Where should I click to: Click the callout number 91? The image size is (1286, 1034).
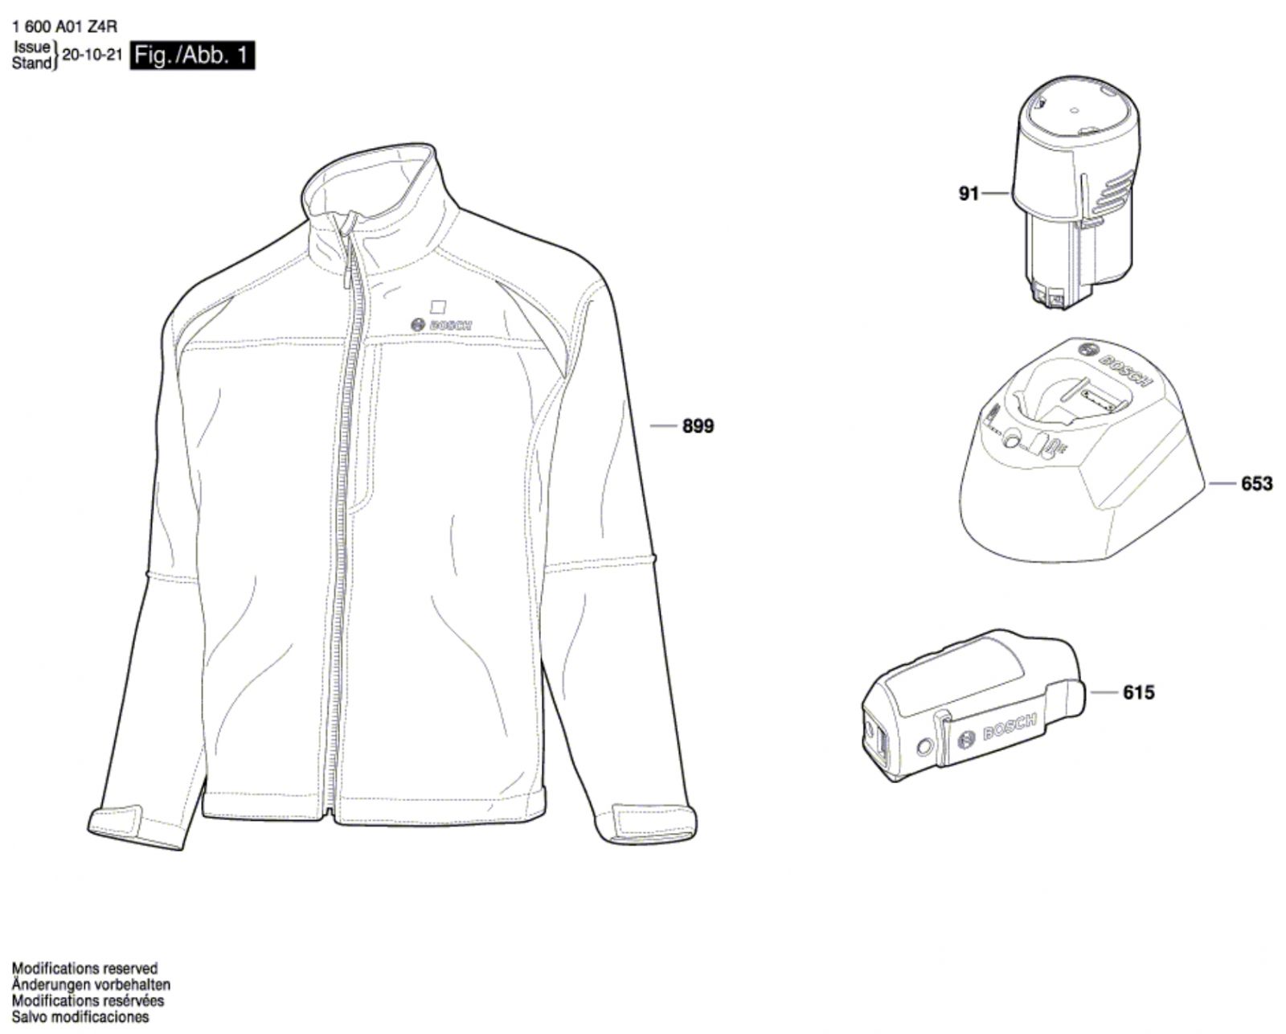pyautogui.click(x=969, y=193)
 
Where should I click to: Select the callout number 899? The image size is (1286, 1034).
pyautogui.click(x=697, y=426)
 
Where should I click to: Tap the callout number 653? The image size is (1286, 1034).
pyautogui.click(x=1256, y=483)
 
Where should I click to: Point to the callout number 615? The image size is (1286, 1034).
pyautogui.click(x=1137, y=691)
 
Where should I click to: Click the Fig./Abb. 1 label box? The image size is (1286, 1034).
pyautogui.click(x=192, y=55)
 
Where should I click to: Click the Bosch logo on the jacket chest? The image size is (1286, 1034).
pyautogui.click(x=441, y=323)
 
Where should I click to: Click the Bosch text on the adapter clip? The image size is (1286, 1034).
pyautogui.click(x=1010, y=728)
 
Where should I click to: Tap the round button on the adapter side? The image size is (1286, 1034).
pyautogui.click(x=925, y=747)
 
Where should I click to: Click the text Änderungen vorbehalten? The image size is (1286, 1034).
pyautogui.click(x=91, y=984)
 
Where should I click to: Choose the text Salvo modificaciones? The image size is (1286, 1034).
pyautogui.click(x=80, y=1016)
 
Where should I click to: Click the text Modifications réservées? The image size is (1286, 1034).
pyautogui.click(x=88, y=1000)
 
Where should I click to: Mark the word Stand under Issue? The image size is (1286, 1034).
pyautogui.click(x=31, y=63)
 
